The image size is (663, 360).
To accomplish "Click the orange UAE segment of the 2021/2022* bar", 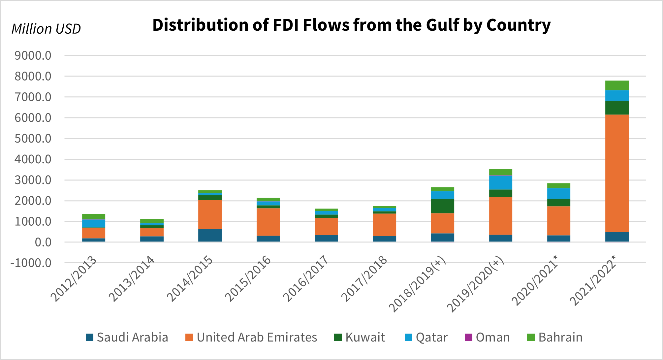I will coord(617,173).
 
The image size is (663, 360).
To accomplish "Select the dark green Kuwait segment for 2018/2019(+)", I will coord(442,206).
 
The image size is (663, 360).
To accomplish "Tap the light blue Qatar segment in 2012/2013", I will coord(94,223).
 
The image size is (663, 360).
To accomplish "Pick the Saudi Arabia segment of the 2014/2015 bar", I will coord(210,235).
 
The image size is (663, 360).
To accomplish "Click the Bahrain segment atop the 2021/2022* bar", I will coord(617,85).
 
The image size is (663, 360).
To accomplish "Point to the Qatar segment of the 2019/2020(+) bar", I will coord(500,182).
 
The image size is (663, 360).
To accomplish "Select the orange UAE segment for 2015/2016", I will coord(268,222).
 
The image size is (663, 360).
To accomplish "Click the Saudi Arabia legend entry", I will coord(127,337).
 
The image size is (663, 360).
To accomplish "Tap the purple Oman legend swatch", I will coord(468,338).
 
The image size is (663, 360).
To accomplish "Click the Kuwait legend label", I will coord(365,337).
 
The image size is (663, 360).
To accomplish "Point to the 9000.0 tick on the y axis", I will coord(33,56).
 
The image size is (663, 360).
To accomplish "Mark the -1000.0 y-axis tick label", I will coord(31,263).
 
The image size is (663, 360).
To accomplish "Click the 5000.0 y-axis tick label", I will coord(33,139).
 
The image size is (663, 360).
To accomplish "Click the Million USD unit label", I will coord(46,29).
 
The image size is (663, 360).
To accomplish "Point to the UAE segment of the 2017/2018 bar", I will coord(384,225).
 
